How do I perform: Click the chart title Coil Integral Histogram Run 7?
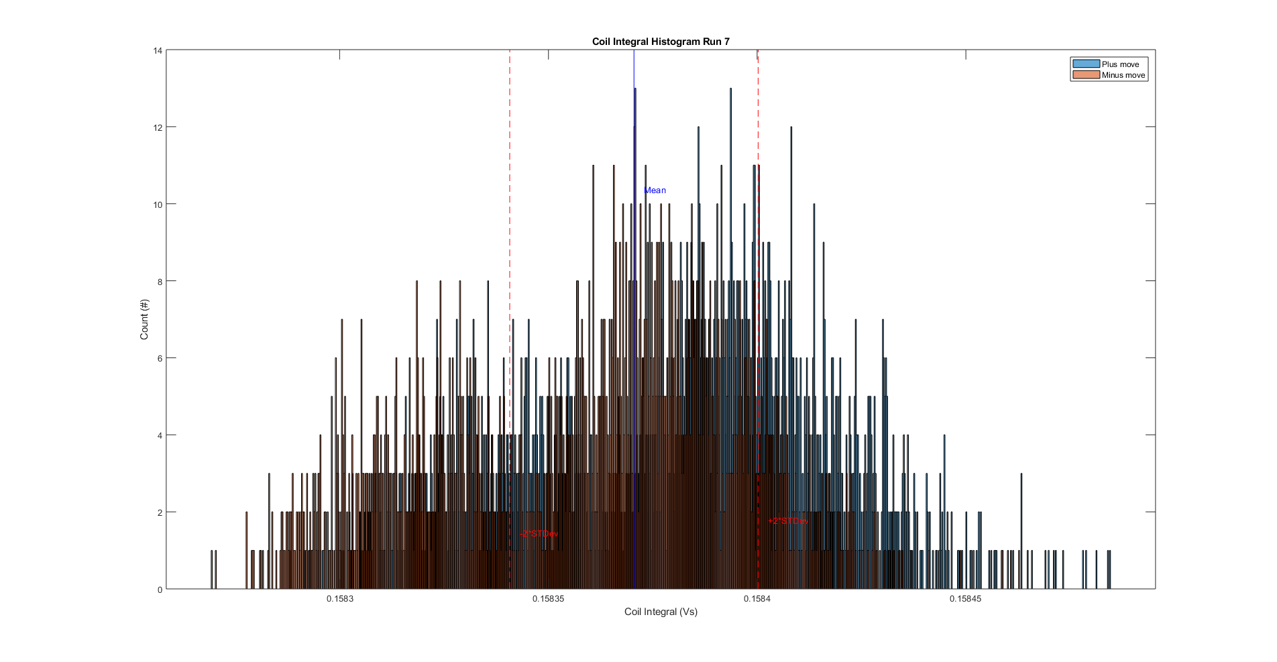[x=661, y=42]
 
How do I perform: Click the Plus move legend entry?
[x=1120, y=64]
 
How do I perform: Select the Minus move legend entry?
[x=1123, y=75]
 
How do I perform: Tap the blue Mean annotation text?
[x=655, y=190]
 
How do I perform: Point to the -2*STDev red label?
[x=539, y=534]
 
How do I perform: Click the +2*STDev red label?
[x=788, y=521]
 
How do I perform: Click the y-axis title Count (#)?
[x=144, y=319]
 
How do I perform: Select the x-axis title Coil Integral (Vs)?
[x=661, y=612]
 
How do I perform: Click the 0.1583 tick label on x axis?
[x=340, y=599]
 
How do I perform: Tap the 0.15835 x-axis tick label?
[x=549, y=599]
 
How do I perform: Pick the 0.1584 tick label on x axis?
[x=757, y=599]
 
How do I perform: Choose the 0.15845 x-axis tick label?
[x=965, y=599]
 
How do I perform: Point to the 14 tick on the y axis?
[x=158, y=50]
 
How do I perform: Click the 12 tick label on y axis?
[x=158, y=127]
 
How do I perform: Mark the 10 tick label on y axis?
[x=158, y=205]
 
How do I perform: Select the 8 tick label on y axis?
[x=160, y=282]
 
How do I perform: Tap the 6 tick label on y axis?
[x=160, y=358]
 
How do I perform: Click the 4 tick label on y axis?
[x=160, y=435]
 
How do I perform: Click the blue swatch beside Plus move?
[x=1086, y=64]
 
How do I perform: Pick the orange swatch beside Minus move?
[x=1086, y=75]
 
